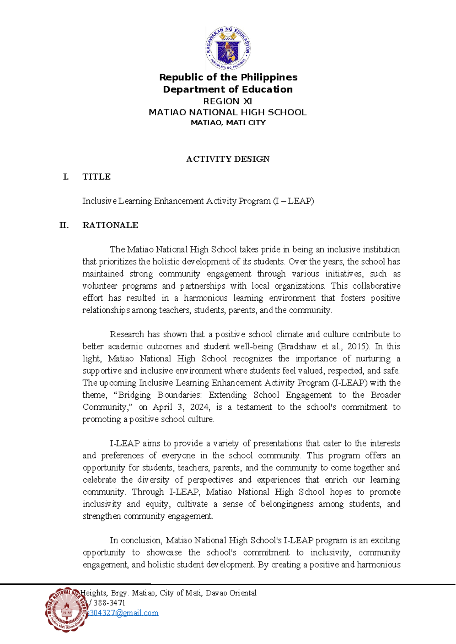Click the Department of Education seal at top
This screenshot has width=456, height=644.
pos(228,48)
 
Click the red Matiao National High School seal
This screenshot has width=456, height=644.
pos(67,609)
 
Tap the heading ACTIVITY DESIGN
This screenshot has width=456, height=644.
pos(228,159)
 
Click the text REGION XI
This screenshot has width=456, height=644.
pos(228,101)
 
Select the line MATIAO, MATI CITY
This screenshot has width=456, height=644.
pos(228,123)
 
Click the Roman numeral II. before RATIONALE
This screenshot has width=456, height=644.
pos(64,225)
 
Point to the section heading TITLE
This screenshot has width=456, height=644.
pos(97,177)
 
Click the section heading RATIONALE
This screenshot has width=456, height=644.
pos(110,225)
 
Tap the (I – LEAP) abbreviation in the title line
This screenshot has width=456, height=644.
pos(293,201)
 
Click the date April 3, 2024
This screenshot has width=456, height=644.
pos(181,407)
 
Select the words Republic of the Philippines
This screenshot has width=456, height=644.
pos(228,77)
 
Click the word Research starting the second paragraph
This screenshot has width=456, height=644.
pos(127,334)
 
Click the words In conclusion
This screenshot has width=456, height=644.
pos(136,540)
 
